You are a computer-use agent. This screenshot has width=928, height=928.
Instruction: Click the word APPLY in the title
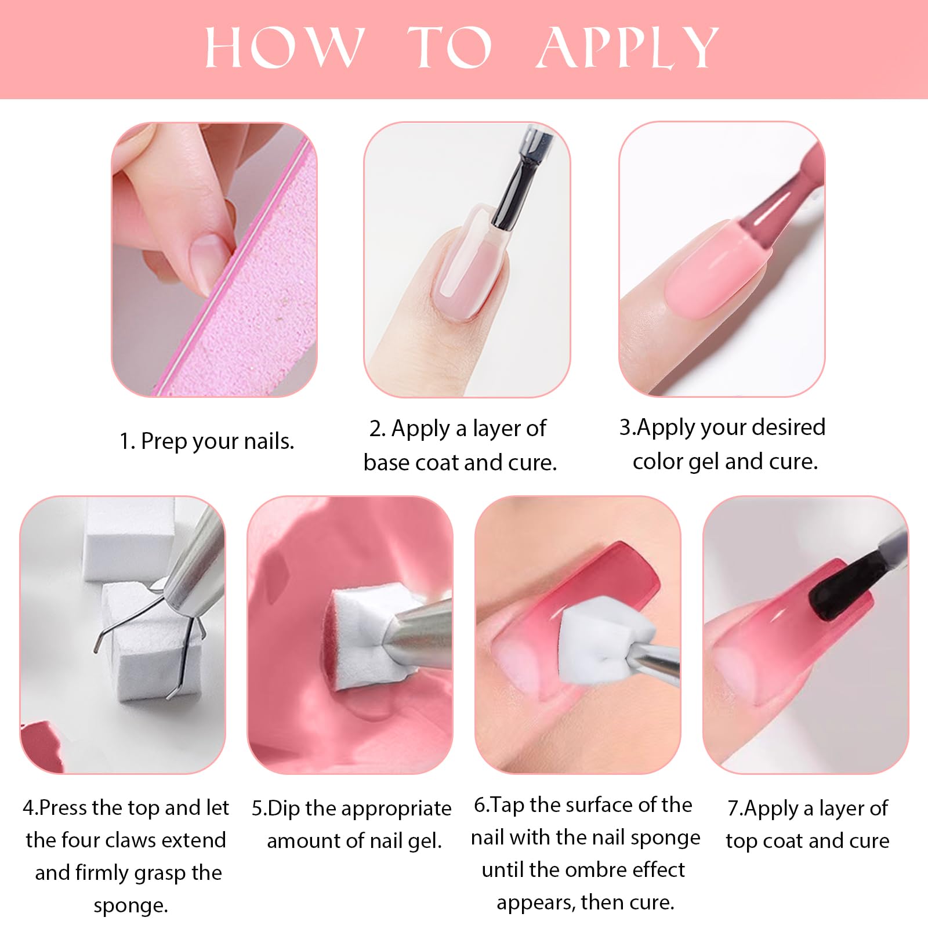click(x=628, y=48)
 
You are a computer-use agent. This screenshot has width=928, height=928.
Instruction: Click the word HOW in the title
click(x=285, y=48)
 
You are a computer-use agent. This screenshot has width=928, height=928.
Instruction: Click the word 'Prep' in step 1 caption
click(x=164, y=442)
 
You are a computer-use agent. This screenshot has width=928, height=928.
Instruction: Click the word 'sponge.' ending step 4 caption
click(x=130, y=905)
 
